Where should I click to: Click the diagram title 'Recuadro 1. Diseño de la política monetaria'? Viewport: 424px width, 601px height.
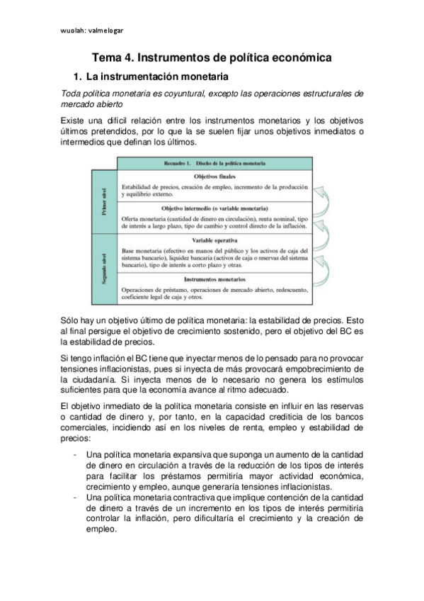pos(214,164)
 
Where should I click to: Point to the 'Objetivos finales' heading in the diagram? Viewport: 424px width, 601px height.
pos(214,176)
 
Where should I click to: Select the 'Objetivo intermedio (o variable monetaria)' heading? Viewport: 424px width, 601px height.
pos(214,210)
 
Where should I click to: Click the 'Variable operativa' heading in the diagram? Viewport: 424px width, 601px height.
pos(214,241)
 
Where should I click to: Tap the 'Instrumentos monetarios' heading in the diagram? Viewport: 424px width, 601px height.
pos(214,279)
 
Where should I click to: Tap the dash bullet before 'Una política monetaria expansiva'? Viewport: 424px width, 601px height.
pos(75,454)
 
